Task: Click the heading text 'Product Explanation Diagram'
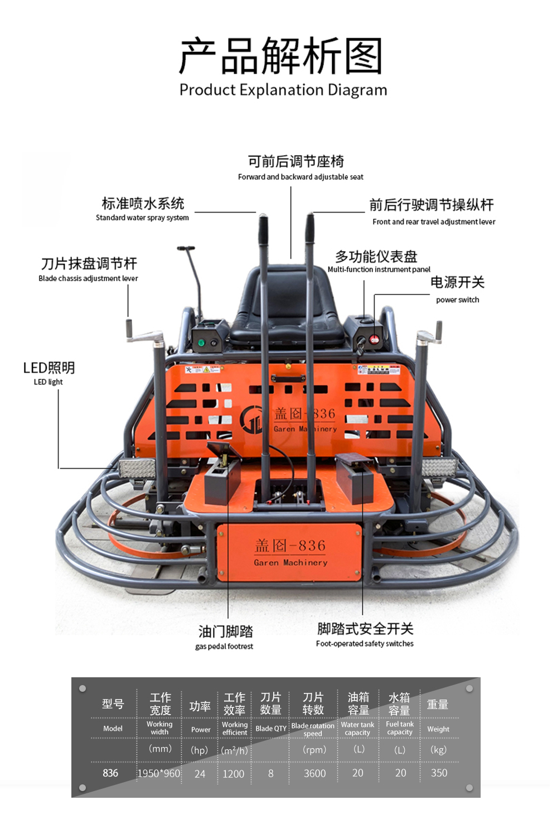[x=283, y=90]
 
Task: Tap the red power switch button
[x=374, y=339]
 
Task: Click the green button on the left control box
[x=201, y=343]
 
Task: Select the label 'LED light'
[x=48, y=382]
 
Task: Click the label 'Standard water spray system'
[x=142, y=218]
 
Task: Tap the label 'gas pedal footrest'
[x=224, y=647]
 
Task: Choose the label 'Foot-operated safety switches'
[x=365, y=643]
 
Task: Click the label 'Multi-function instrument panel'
[x=379, y=269]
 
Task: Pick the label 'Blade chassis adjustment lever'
[x=88, y=278]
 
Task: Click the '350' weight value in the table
[x=439, y=773]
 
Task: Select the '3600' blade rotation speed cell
[x=315, y=773]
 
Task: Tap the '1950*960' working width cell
[x=159, y=773]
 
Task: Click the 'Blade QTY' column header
[x=271, y=729]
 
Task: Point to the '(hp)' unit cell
[x=199, y=750]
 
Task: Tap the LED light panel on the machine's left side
[x=137, y=469]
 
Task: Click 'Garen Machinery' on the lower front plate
[x=290, y=562]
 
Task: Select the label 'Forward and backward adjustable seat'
[x=301, y=177]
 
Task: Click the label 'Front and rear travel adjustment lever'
[x=434, y=222]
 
